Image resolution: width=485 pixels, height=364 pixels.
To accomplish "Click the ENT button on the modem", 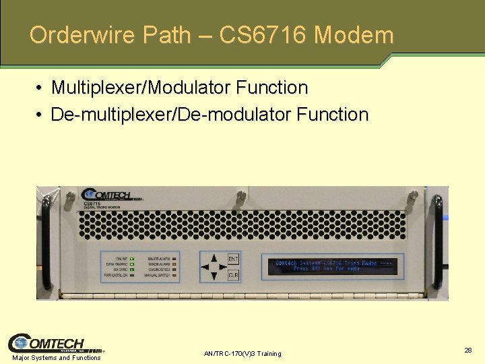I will click(x=233, y=260).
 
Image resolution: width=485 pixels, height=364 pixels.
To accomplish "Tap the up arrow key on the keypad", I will click(x=214, y=257).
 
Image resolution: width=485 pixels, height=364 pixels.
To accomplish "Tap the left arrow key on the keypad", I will click(x=205, y=266).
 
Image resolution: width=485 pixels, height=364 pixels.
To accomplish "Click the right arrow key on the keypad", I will click(x=223, y=266).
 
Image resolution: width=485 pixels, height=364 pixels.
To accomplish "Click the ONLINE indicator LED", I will click(x=133, y=258).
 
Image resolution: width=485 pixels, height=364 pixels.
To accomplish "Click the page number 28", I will click(x=467, y=350).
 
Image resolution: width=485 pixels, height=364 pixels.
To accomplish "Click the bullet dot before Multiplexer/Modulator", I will click(x=41, y=88).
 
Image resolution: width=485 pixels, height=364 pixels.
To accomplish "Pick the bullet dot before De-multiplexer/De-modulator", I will click(x=41, y=115).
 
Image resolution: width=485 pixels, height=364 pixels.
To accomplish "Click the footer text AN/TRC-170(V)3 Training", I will click(x=243, y=354).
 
